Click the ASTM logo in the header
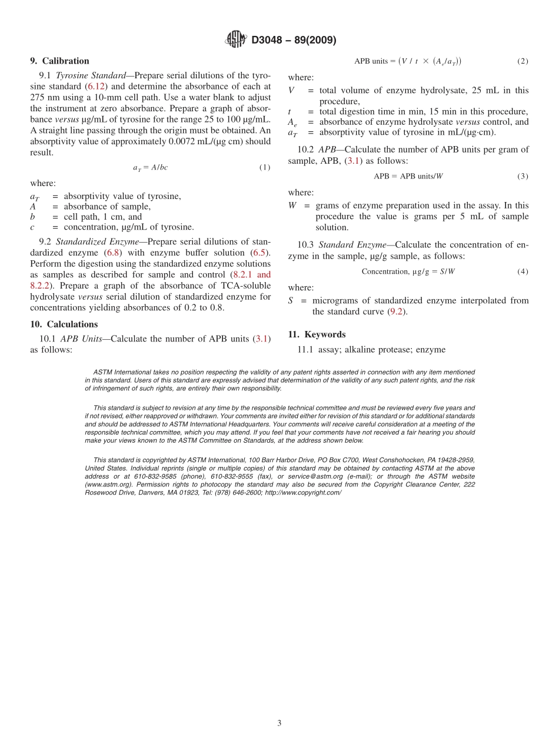(237, 39)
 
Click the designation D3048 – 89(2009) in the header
(294, 40)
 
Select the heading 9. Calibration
(59, 61)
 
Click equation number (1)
(265, 168)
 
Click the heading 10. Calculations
(64, 324)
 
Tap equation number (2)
(523, 61)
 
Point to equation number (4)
(523, 272)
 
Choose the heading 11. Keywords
(317, 334)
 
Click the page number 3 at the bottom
(279, 724)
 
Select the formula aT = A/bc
(150, 168)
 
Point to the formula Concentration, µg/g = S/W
(408, 272)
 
